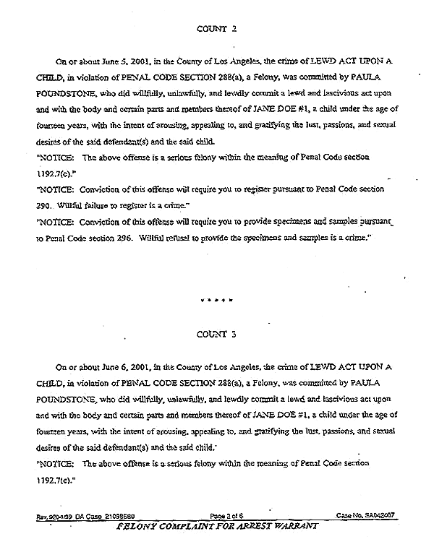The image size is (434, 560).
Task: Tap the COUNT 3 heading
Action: pyautogui.click(x=217, y=335)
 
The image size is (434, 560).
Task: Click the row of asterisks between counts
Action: pyautogui.click(x=217, y=297)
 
